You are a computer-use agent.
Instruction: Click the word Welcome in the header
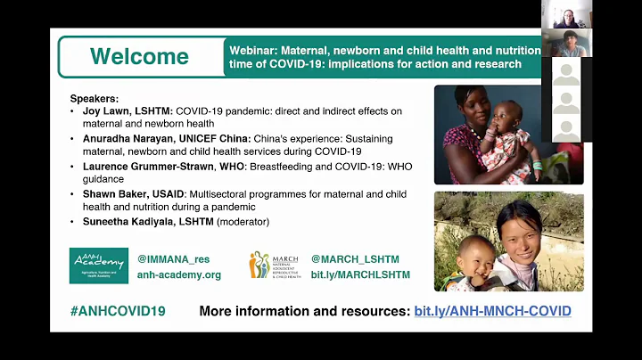pyautogui.click(x=139, y=56)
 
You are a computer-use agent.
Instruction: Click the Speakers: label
pyautogui.click(x=95, y=97)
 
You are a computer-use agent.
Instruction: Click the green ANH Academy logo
pyautogui.click(x=98, y=266)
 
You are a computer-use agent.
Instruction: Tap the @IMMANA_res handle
pyautogui.click(x=173, y=259)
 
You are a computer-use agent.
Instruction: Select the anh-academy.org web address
pyautogui.click(x=178, y=274)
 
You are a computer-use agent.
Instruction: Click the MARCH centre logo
pyautogui.click(x=274, y=266)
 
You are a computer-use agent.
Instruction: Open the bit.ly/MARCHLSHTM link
pyautogui.click(x=360, y=274)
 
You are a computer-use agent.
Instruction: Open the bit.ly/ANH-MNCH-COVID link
pyautogui.click(x=492, y=311)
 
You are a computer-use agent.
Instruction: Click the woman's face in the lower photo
pyautogui.click(x=520, y=228)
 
